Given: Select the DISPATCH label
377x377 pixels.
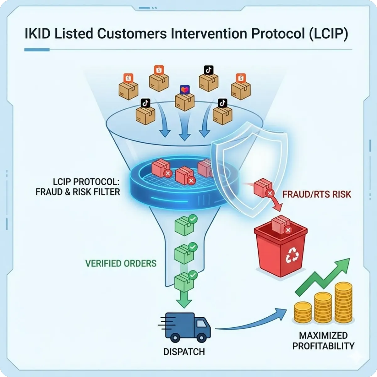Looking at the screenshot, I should click(184, 352).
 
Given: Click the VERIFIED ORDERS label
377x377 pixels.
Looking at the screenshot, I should click(120, 263).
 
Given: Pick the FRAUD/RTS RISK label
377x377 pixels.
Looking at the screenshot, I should click(317, 194).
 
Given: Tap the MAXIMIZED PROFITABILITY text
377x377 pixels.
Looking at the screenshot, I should click(323, 341).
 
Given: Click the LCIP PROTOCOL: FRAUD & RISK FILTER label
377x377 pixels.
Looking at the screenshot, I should click(78, 187).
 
